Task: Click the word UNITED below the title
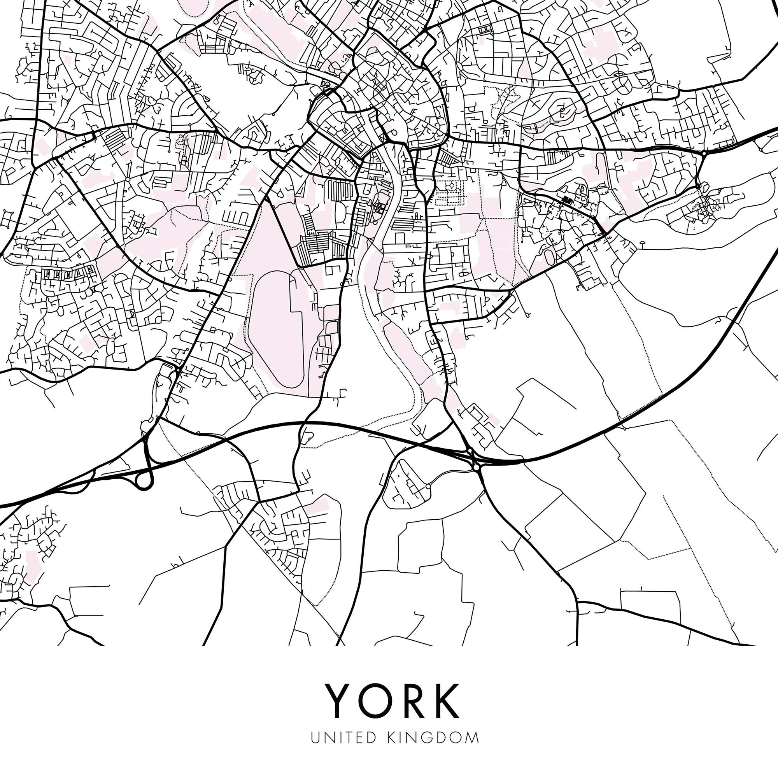tap(343, 738)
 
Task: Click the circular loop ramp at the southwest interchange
tap(144, 482)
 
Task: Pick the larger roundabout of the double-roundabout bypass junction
tap(477, 467)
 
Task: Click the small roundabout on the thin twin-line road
tap(428, 487)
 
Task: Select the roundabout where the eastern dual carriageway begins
tap(703, 153)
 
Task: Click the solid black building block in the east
tap(568, 199)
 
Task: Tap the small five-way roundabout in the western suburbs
tap(127, 179)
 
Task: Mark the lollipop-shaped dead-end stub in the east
tap(641, 243)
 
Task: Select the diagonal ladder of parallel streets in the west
tap(115, 138)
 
